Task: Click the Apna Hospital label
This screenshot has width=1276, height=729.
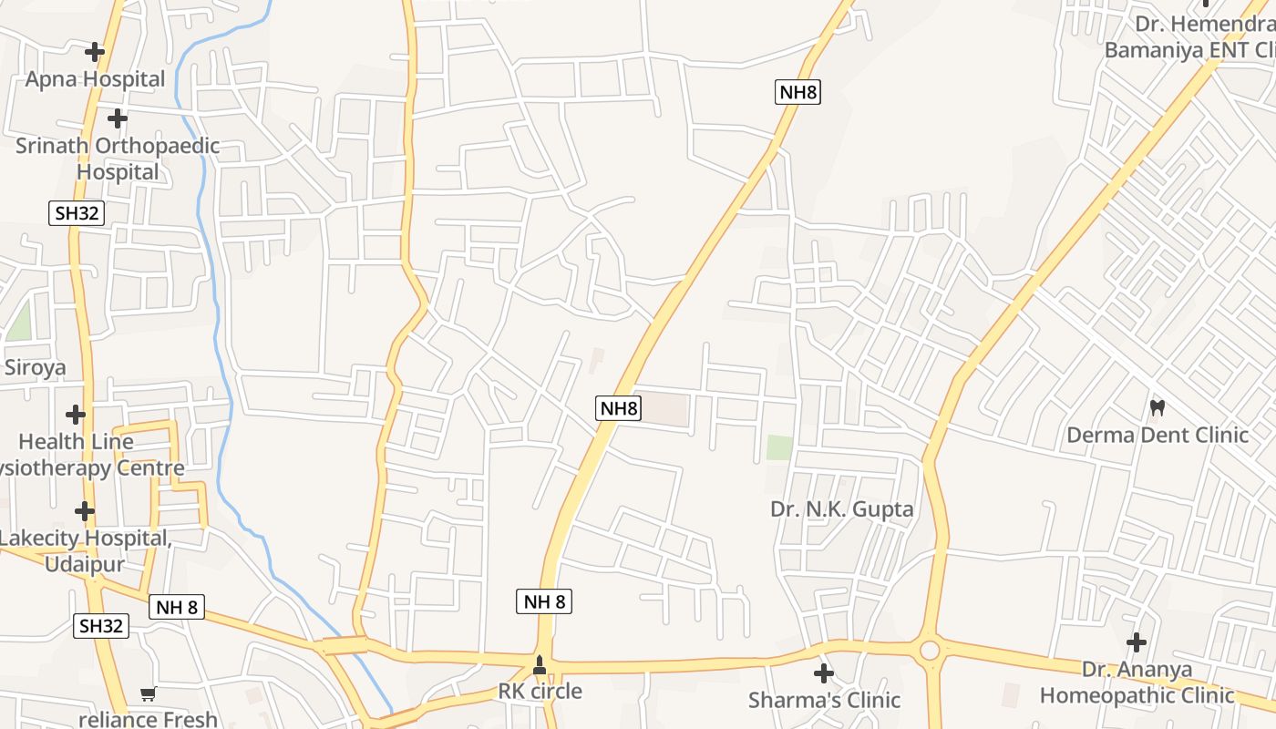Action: [95, 79]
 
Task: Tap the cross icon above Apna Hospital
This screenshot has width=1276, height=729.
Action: [95, 52]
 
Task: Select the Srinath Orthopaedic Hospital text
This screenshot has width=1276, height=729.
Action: [118, 159]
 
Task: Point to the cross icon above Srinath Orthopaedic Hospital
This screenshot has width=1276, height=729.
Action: [118, 118]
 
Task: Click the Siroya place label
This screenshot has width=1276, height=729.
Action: [36, 367]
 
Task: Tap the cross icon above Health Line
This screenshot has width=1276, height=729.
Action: [76, 415]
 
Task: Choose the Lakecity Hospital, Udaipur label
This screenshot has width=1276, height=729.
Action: [85, 550]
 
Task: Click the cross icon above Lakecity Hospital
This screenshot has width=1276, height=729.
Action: [85, 511]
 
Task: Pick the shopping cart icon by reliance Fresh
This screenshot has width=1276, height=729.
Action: [149, 694]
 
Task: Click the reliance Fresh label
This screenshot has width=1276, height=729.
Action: [149, 719]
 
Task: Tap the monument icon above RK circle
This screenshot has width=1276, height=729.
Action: [540, 666]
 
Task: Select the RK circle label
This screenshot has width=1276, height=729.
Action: [540, 692]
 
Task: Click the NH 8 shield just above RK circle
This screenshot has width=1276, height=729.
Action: [544, 601]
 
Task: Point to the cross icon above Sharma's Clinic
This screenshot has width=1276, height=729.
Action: [824, 673]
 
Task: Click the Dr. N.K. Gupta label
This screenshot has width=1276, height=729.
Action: [842, 508]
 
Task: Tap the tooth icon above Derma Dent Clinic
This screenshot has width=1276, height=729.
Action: [1158, 407]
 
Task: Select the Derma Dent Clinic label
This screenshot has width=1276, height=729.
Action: [1158, 435]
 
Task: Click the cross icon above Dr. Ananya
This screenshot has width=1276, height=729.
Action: [1137, 642]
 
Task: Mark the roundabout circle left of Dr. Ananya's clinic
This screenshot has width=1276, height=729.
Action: [930, 651]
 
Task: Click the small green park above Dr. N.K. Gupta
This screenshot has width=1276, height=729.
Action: [779, 447]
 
